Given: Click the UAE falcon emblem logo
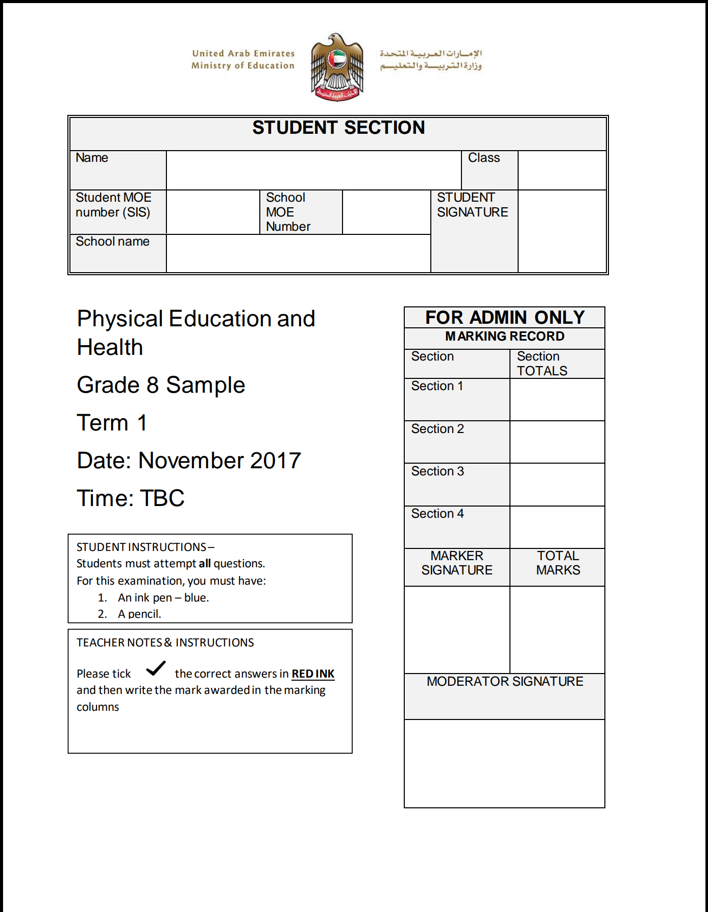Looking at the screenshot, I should [x=337, y=67].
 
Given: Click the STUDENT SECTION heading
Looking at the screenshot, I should [x=338, y=128].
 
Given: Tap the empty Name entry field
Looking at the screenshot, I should [x=313, y=170].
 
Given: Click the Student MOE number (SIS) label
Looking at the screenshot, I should [x=113, y=205].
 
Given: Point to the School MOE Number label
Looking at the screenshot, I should [x=288, y=212].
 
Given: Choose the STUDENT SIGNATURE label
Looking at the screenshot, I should [x=472, y=205].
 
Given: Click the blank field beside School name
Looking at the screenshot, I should [x=298, y=253].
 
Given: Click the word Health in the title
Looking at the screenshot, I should [x=110, y=347].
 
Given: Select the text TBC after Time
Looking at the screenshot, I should [x=162, y=498].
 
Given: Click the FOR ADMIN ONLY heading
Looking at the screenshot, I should [x=505, y=318].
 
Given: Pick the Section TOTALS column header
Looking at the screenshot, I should [x=542, y=364].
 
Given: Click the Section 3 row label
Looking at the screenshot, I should [x=437, y=471].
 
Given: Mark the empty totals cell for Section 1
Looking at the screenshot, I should [x=557, y=399].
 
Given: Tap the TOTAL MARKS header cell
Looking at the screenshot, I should [x=558, y=563].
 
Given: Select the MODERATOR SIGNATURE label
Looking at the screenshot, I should [x=505, y=682].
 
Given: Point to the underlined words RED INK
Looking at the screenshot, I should [x=313, y=674].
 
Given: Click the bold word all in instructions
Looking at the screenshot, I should [x=205, y=564].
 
